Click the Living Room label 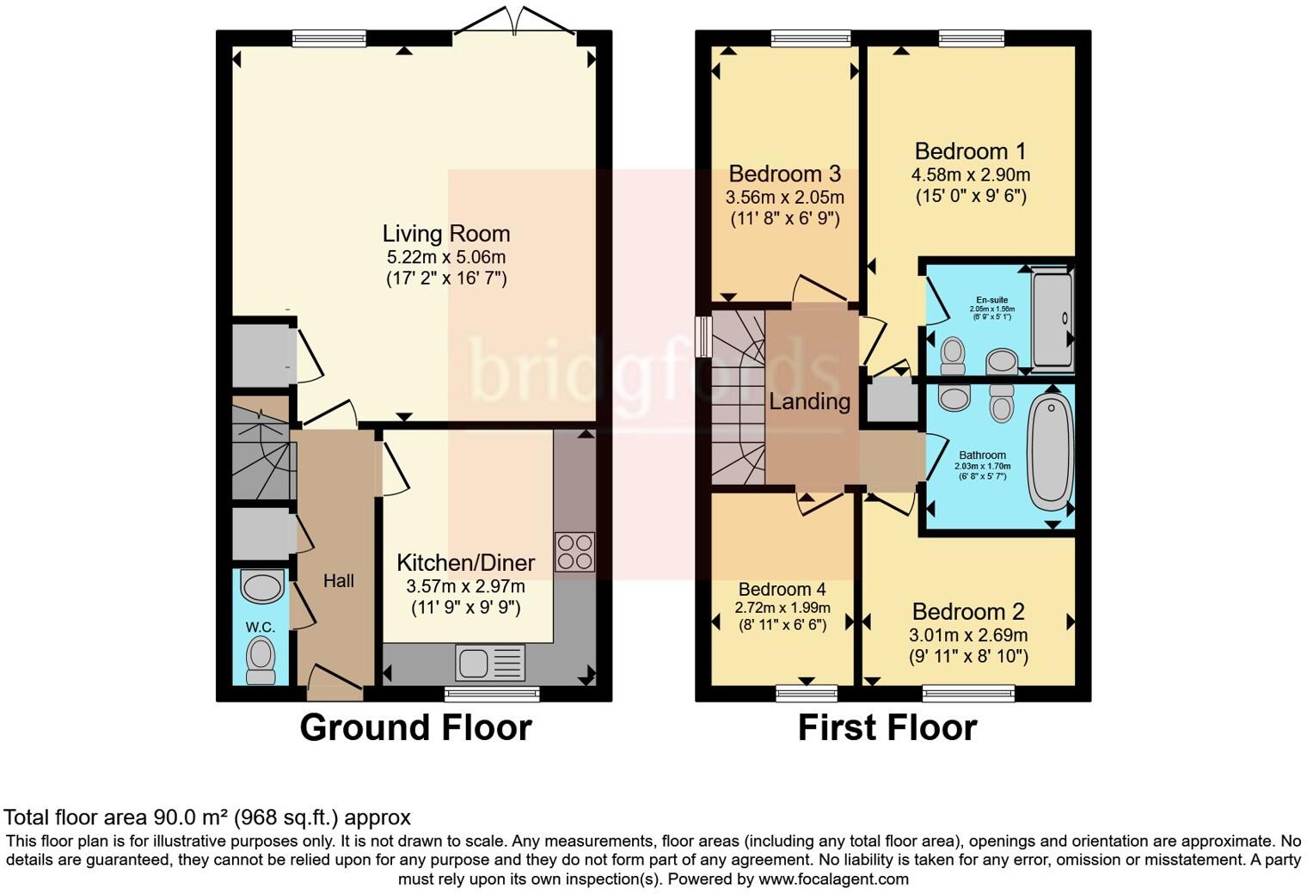pyautogui.click(x=445, y=234)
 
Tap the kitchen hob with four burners pyautogui.click(x=574, y=552)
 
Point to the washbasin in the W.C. pyautogui.click(x=261, y=588)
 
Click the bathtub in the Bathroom pyautogui.click(x=1050, y=452)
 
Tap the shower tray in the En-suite pyautogui.click(x=1052, y=319)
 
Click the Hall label pyautogui.click(x=338, y=581)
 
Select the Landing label pyautogui.click(x=809, y=401)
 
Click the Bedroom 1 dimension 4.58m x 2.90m pyautogui.click(x=970, y=175)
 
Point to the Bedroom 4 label pyautogui.click(x=782, y=589)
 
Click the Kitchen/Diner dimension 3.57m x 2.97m pyautogui.click(x=465, y=587)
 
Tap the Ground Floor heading pyautogui.click(x=415, y=727)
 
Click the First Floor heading pyautogui.click(x=887, y=727)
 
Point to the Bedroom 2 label pyautogui.click(x=968, y=612)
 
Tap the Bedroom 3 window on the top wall pyautogui.click(x=810, y=38)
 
